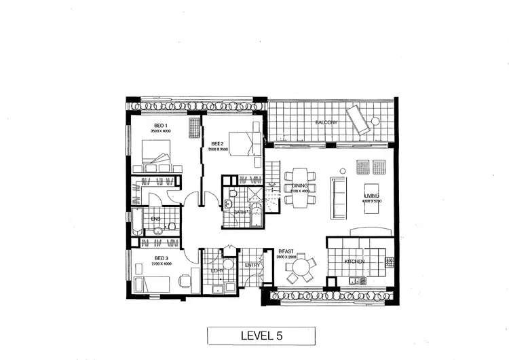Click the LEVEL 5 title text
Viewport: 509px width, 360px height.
point(260,336)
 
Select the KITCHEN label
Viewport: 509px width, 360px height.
point(354,262)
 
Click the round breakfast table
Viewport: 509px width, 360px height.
point(301,267)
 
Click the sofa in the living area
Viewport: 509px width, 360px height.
point(339,197)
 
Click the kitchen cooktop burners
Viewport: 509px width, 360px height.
point(390,260)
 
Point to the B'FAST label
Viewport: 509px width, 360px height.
point(285,253)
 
